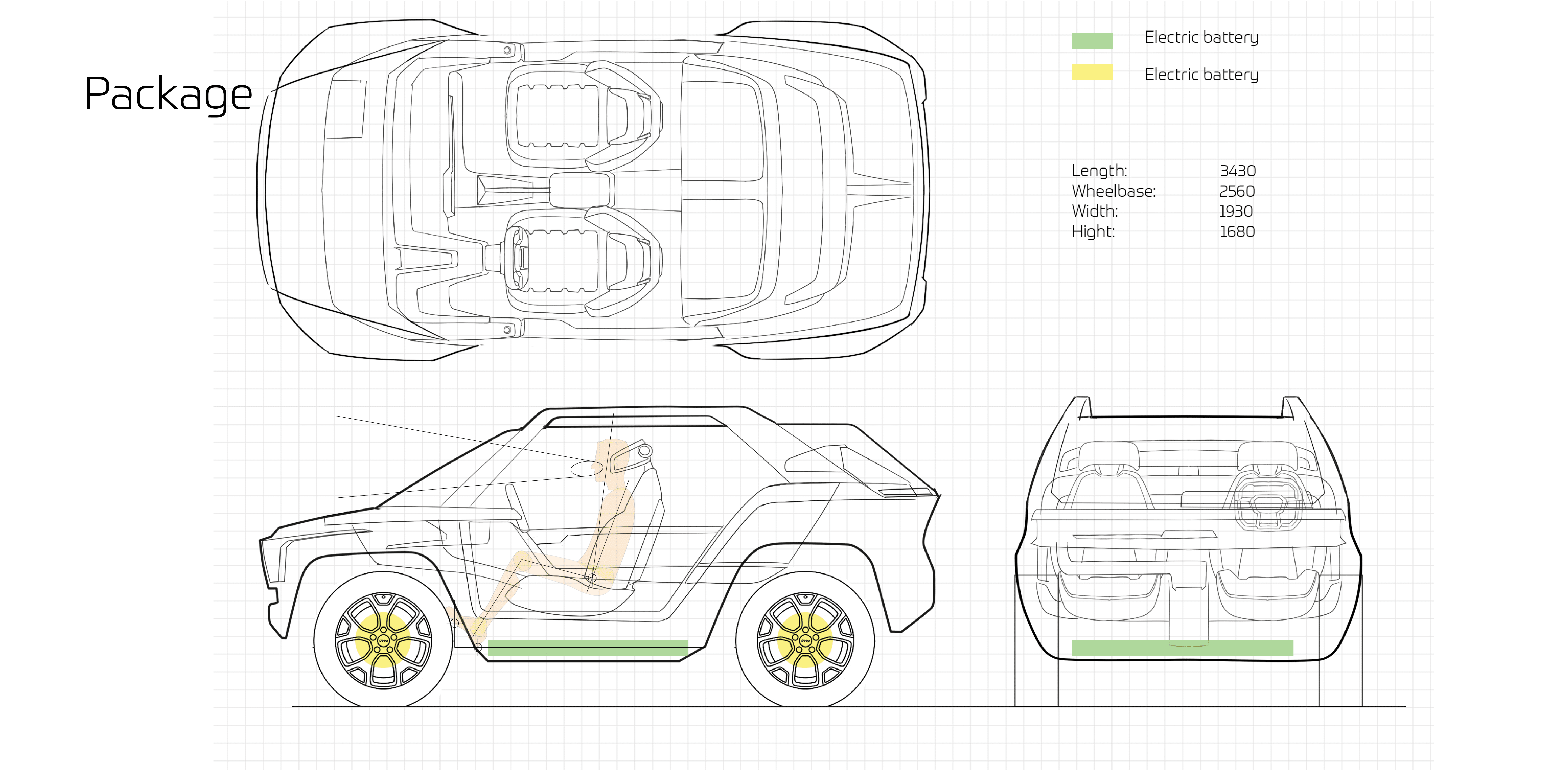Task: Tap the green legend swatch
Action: (x=1092, y=41)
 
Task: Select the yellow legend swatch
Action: (x=1092, y=73)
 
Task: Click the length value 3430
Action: (x=1238, y=171)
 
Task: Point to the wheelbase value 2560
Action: (x=1237, y=192)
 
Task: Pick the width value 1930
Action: (x=1236, y=211)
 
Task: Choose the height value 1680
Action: (x=1237, y=232)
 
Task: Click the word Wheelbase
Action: (x=1113, y=192)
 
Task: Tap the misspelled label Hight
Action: (x=1093, y=232)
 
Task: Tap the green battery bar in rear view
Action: (x=1182, y=648)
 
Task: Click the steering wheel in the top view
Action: (x=516, y=258)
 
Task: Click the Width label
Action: (x=1095, y=211)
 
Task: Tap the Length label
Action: (x=1099, y=171)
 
